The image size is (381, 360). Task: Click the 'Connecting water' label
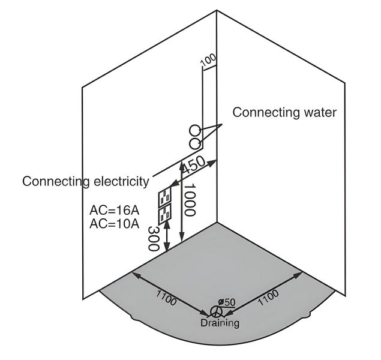click(284, 112)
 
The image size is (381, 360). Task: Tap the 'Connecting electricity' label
click(85, 181)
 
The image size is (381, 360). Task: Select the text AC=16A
click(114, 211)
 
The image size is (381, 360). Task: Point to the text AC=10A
click(114, 224)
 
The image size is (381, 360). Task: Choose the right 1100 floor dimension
click(268, 298)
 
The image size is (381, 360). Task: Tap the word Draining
click(220, 323)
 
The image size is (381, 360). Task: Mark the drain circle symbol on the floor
click(215, 311)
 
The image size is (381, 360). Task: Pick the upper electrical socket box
click(164, 199)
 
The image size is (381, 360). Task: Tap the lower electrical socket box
click(164, 214)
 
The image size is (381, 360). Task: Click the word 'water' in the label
click(320, 112)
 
